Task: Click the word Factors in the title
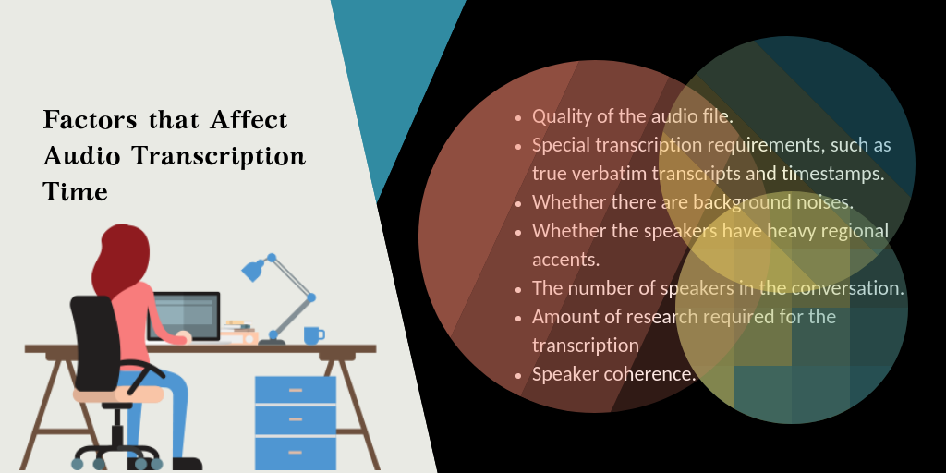click(x=87, y=121)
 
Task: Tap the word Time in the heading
click(x=75, y=191)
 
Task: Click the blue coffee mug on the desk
click(x=313, y=334)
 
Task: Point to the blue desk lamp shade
click(x=252, y=270)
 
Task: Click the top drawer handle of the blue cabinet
click(x=296, y=390)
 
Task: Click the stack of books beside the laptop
click(x=238, y=333)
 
